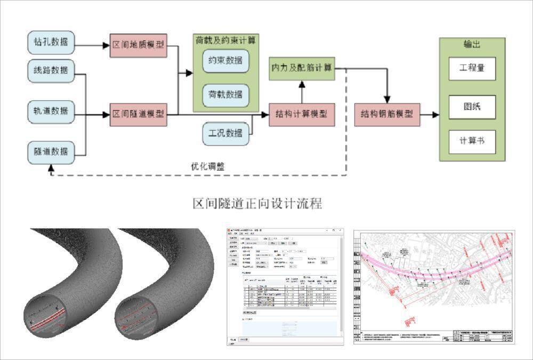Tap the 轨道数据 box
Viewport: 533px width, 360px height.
point(51,111)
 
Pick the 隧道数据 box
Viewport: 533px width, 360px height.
point(51,151)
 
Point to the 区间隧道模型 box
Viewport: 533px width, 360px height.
point(139,114)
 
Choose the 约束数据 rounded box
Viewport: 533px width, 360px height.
point(226,61)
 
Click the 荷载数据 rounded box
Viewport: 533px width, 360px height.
point(226,95)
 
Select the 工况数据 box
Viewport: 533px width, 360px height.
point(226,133)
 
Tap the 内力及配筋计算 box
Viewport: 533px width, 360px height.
point(302,68)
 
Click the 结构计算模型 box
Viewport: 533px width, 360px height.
point(302,114)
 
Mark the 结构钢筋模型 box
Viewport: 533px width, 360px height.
point(387,114)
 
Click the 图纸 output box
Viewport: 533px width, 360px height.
point(472,107)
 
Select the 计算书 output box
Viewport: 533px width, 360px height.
point(472,141)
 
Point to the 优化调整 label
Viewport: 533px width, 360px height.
point(208,166)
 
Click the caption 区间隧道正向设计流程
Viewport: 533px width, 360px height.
point(257,204)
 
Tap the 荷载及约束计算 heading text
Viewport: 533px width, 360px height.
point(226,40)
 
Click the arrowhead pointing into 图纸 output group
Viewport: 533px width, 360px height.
point(435,115)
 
